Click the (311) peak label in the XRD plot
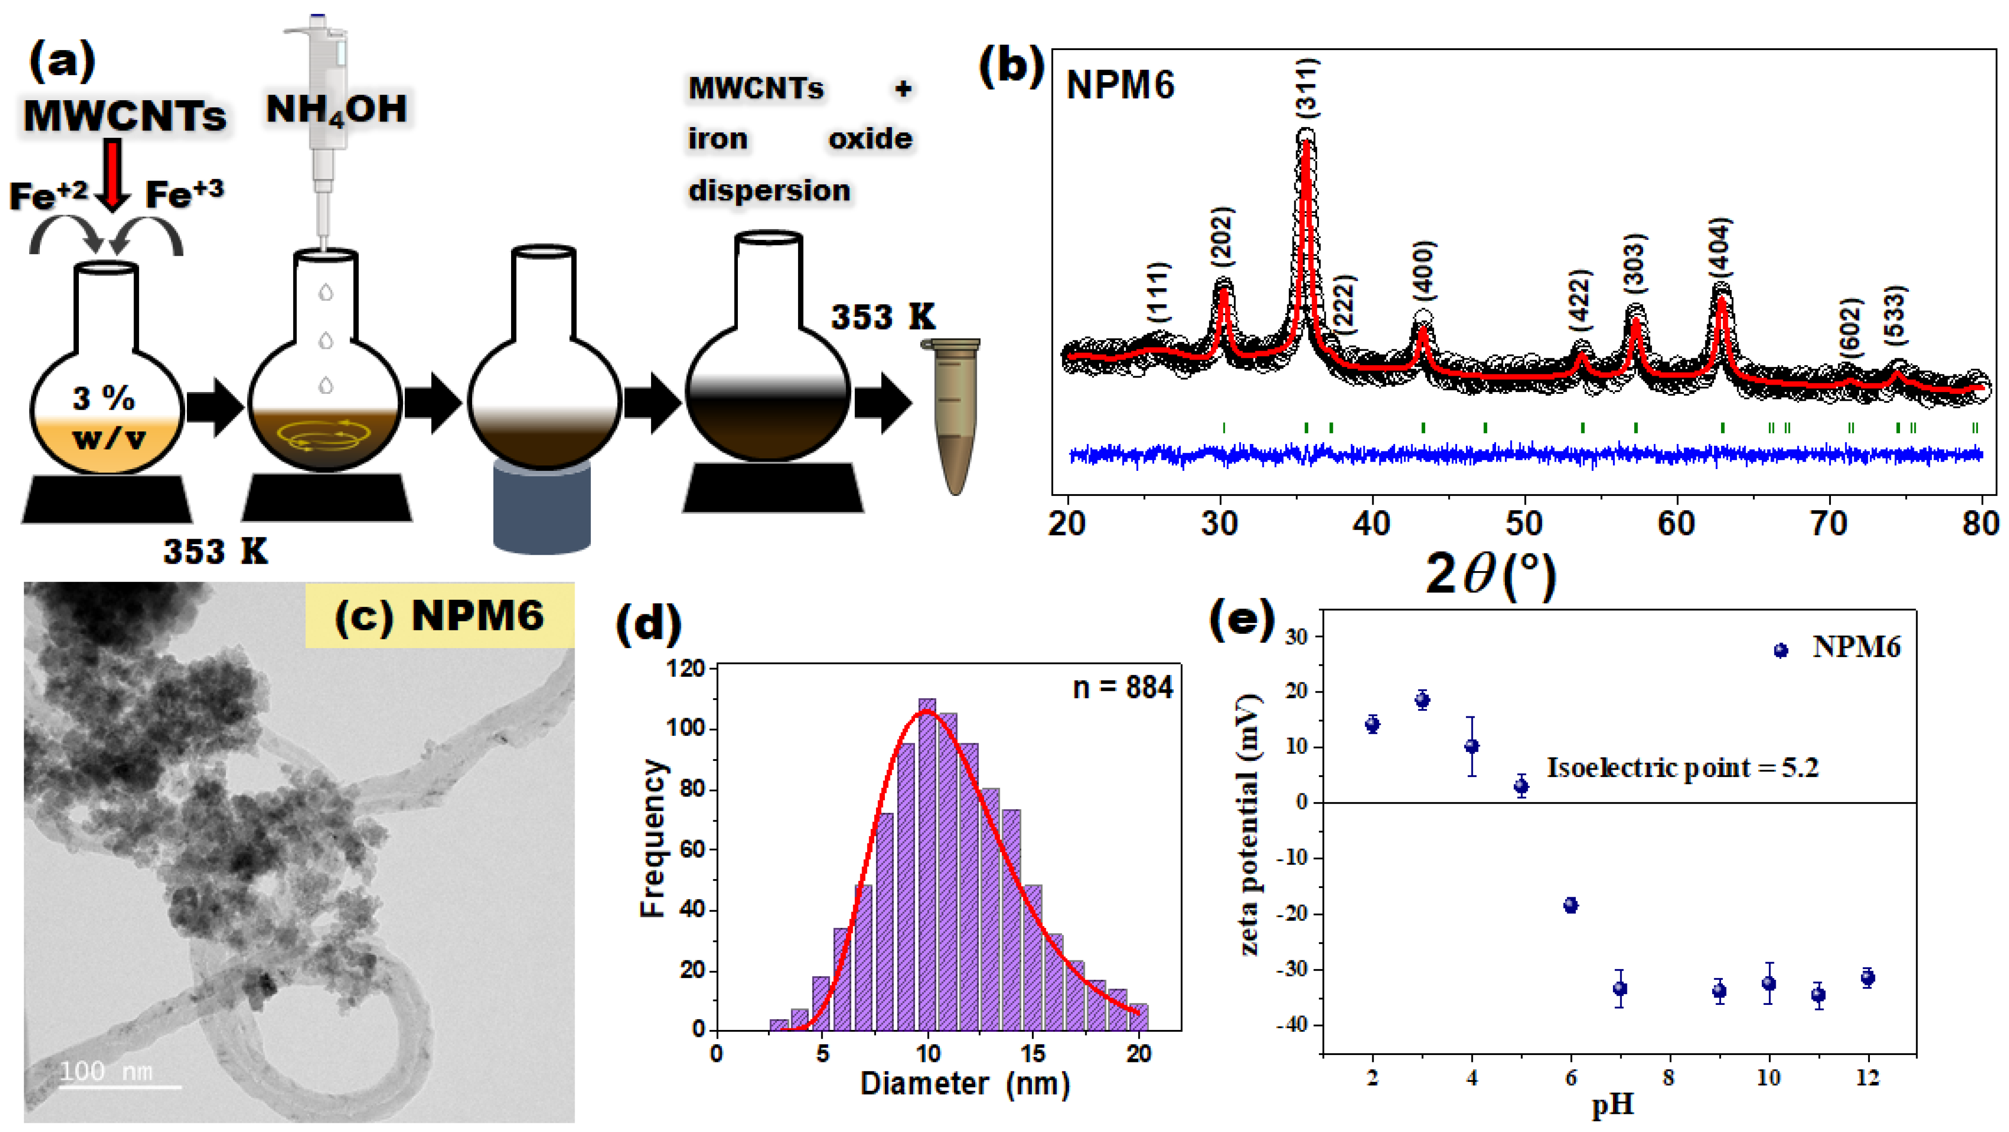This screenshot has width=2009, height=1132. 1308,88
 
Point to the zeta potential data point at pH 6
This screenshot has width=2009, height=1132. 1571,905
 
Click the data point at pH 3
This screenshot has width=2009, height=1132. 1422,700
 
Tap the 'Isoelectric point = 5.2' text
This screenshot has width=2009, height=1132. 1682,768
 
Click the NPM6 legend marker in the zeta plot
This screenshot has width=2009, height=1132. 1780,650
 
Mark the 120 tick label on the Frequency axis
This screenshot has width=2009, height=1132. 686,669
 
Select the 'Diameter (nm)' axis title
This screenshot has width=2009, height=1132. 965,1084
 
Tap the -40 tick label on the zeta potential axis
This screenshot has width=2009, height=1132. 1295,1025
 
